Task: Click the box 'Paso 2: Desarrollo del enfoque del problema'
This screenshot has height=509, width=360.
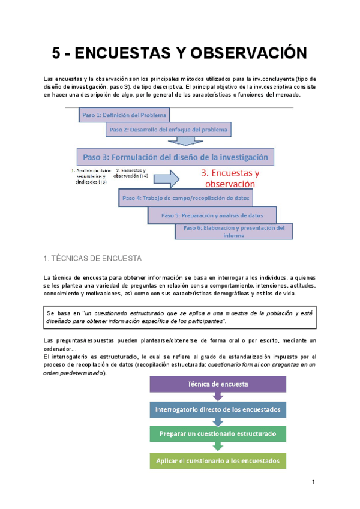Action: [x=169, y=129]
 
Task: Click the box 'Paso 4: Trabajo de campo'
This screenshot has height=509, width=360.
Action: [x=186, y=197]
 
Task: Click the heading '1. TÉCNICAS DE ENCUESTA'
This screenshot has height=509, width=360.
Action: [x=92, y=259]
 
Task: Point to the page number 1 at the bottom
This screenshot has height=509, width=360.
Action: [x=313, y=483]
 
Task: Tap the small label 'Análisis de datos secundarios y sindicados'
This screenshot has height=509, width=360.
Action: [x=89, y=176]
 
